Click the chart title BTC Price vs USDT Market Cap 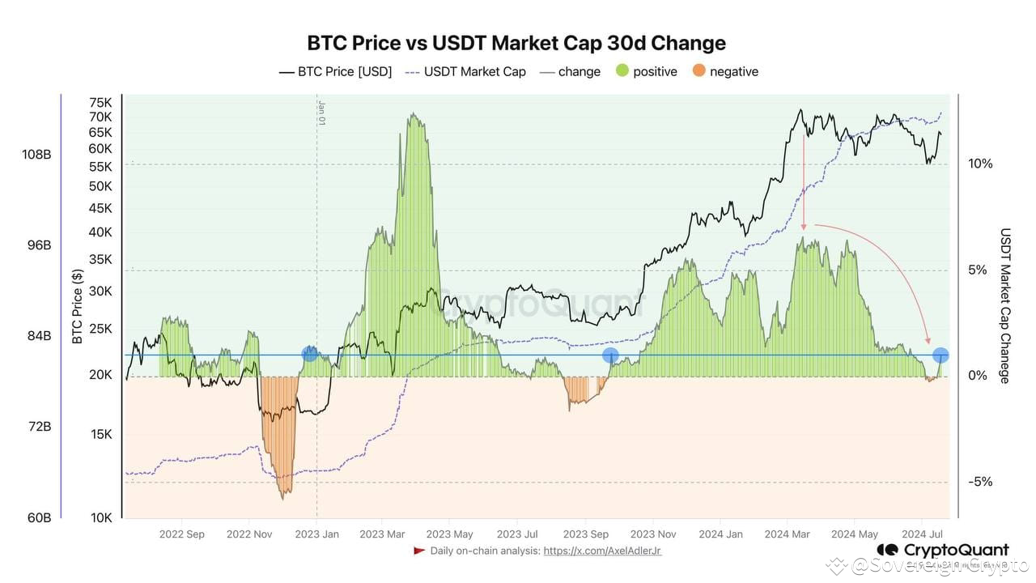[x=516, y=43]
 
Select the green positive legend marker [x=623, y=71]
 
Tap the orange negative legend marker [x=699, y=71]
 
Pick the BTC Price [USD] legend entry [x=335, y=71]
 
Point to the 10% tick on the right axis [x=979, y=164]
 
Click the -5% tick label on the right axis [x=979, y=482]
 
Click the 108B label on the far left [x=36, y=154]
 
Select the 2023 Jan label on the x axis [x=316, y=534]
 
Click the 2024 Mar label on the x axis [x=788, y=534]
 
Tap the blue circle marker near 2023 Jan [x=309, y=354]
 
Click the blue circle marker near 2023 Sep [x=610, y=355]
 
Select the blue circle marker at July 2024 [x=940, y=355]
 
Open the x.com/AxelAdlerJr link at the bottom [x=602, y=551]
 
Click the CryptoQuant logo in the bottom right [x=942, y=551]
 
